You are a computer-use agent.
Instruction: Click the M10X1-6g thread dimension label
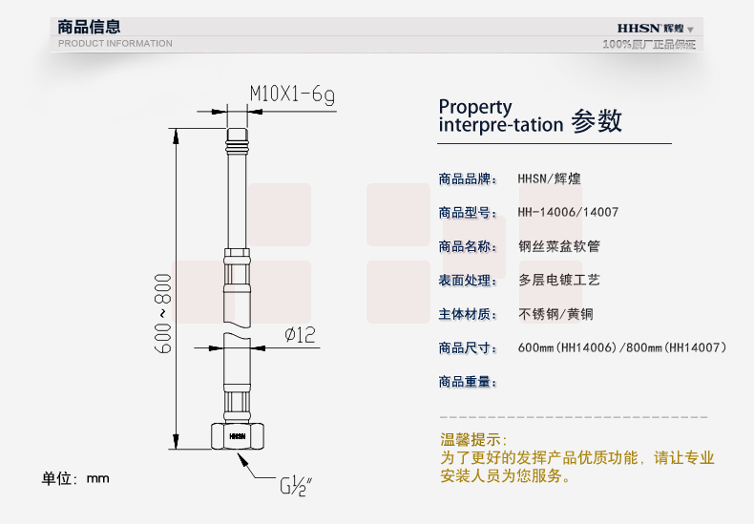(x=292, y=93)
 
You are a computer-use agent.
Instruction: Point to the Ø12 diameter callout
(x=300, y=334)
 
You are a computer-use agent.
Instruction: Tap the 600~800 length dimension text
(x=164, y=316)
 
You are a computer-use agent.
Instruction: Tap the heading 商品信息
(x=90, y=27)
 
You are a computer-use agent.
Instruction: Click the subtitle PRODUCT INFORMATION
(x=115, y=43)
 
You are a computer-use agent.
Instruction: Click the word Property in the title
(x=475, y=107)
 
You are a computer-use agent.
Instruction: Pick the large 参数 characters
(x=597, y=121)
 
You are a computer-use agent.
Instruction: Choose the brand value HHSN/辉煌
(x=555, y=178)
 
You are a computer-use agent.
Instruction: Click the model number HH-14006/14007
(x=567, y=212)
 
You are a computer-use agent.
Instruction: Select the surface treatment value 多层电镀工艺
(x=558, y=281)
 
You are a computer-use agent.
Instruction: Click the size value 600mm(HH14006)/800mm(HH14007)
(x=622, y=348)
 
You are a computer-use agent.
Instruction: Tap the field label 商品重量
(x=468, y=382)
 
